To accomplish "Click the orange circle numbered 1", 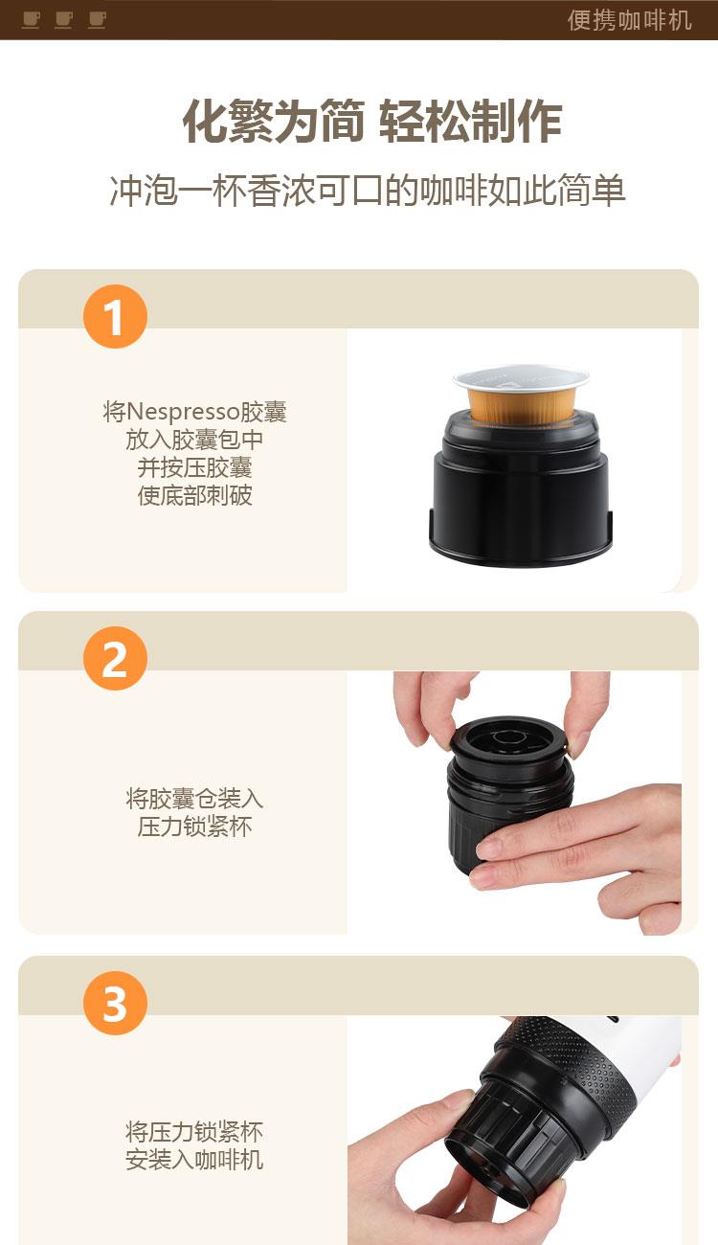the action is click(115, 316).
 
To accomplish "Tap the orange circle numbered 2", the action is click(115, 658).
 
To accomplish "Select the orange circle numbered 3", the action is click(115, 1004).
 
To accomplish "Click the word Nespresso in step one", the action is click(184, 412).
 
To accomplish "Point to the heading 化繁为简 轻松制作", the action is click(372, 122).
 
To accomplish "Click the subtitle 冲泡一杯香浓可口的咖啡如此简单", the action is click(368, 191).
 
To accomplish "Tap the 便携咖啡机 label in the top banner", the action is click(630, 20).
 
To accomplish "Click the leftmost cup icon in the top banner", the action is click(32, 20).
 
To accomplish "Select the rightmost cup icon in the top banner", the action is click(98, 20).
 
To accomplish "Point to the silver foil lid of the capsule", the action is click(521, 376).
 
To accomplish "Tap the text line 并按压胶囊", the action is click(194, 467).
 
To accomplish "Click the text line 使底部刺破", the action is click(194, 495).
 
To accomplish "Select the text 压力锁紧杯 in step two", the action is click(194, 826).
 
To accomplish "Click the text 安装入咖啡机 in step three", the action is click(194, 1160).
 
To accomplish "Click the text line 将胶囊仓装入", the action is click(194, 798).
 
